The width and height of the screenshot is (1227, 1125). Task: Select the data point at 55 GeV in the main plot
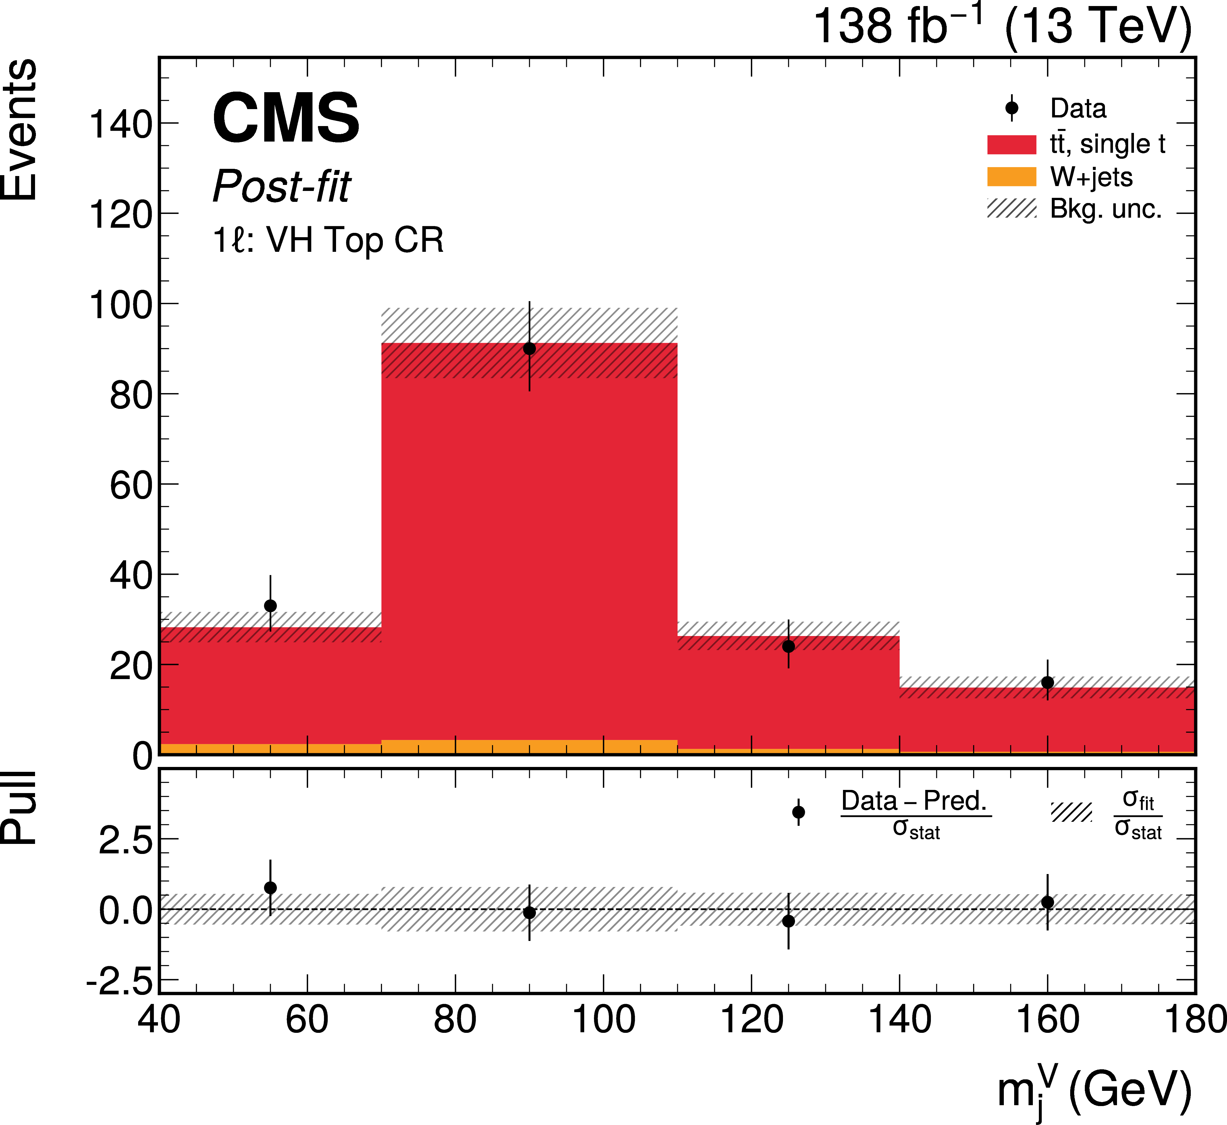point(270,606)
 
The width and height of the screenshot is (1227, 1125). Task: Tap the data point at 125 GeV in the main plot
point(789,647)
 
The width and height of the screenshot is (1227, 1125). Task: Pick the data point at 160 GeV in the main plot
point(1047,683)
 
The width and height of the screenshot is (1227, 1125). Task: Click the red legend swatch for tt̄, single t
point(1011,144)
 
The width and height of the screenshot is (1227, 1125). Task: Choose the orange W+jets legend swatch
point(1011,177)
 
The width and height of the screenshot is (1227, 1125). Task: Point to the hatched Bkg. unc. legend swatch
point(1011,208)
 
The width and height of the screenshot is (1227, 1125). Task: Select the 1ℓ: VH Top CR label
point(328,240)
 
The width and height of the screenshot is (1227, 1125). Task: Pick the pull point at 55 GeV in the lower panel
point(270,888)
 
